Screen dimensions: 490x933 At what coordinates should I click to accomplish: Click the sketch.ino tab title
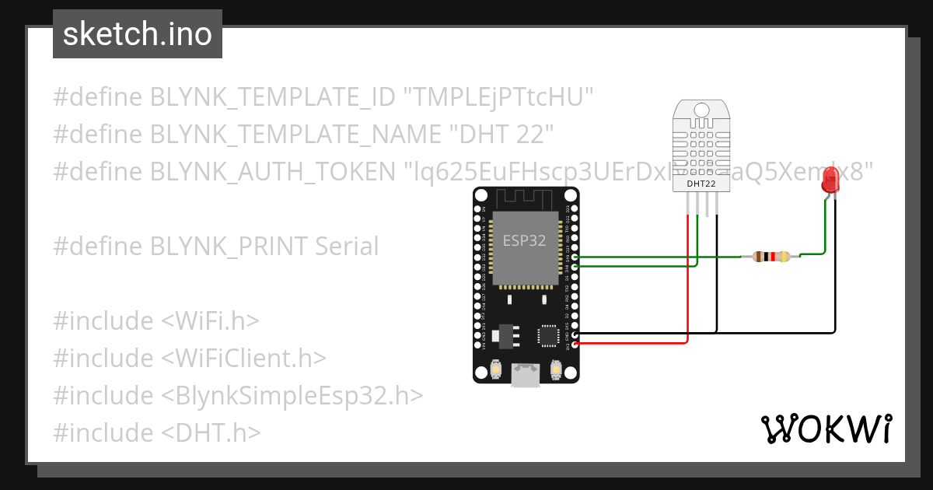point(137,34)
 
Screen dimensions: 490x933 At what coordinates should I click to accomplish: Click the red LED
point(830,183)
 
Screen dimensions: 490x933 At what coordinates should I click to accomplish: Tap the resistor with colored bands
point(772,257)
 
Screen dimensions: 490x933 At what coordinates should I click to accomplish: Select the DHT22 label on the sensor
point(701,184)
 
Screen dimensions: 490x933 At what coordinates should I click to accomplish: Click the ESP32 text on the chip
point(525,240)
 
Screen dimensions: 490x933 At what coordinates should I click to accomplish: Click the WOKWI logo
point(826,429)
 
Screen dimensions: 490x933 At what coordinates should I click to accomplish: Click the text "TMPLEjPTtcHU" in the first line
point(498,97)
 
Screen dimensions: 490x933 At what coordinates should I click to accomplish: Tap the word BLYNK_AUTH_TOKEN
point(272,170)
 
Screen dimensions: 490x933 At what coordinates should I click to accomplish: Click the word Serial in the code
point(347,246)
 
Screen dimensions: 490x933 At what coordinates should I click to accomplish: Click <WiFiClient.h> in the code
point(243,358)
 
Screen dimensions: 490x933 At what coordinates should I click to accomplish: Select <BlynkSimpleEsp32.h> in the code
point(292,395)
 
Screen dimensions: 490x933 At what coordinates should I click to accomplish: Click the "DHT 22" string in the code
point(501,134)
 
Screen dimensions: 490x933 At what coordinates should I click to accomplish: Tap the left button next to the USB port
point(496,369)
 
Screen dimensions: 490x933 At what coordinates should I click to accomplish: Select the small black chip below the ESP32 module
point(547,335)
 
